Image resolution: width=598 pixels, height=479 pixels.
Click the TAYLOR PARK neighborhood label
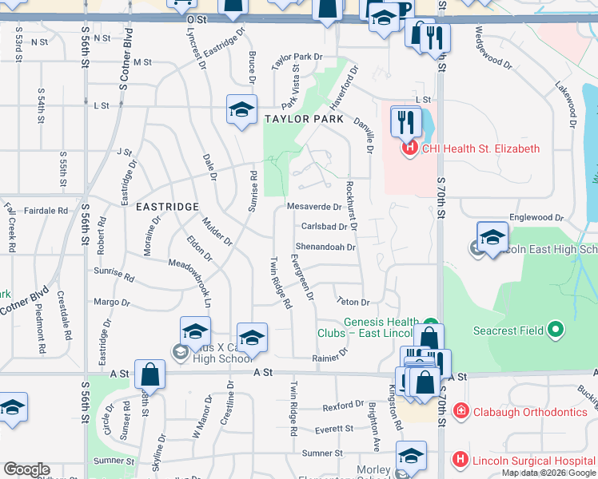click(x=304, y=119)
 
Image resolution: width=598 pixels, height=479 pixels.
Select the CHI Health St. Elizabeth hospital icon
click(x=409, y=148)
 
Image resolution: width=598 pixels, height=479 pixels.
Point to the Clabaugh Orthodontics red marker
click(x=460, y=412)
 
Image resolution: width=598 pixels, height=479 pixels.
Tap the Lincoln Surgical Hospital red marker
click(x=460, y=460)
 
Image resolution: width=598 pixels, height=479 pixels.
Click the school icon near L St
click(x=241, y=111)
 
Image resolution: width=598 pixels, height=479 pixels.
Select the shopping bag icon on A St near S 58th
click(x=149, y=374)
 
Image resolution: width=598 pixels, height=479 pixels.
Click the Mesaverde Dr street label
click(x=314, y=207)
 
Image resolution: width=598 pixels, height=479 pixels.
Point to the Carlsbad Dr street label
click(x=322, y=227)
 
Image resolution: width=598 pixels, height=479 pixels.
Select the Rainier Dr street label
click(x=331, y=356)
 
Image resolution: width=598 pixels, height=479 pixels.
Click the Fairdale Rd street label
click(x=46, y=211)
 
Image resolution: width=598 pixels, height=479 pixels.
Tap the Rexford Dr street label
click(x=343, y=406)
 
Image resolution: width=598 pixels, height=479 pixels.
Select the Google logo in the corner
click(x=26, y=469)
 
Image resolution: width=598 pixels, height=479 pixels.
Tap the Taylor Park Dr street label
click(x=297, y=57)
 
